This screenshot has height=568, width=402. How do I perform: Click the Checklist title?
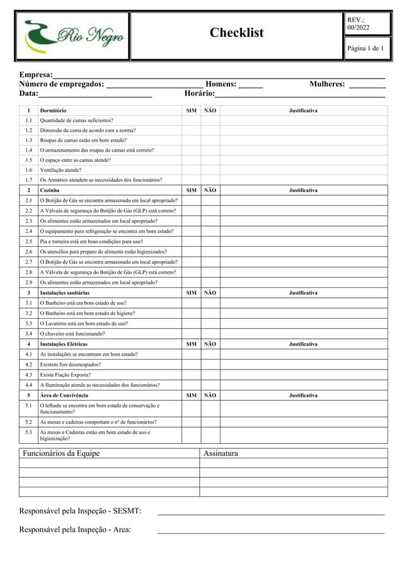point(236,33)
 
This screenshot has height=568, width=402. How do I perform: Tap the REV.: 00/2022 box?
point(365,24)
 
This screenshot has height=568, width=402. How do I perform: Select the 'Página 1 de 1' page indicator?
point(365,48)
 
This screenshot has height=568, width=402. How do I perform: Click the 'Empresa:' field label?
point(36,75)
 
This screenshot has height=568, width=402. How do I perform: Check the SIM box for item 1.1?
point(191,120)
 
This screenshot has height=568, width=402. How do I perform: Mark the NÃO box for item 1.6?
point(210,170)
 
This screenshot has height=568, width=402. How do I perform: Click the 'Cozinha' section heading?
point(50,190)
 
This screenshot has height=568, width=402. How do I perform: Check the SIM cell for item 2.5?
point(191,241)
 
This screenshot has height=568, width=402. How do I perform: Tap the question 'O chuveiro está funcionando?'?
point(72,333)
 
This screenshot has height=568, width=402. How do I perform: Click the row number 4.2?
point(28,364)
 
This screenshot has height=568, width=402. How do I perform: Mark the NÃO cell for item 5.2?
point(210,422)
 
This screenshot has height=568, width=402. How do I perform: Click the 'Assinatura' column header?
point(221,453)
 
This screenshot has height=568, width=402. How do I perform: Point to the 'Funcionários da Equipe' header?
point(61,453)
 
